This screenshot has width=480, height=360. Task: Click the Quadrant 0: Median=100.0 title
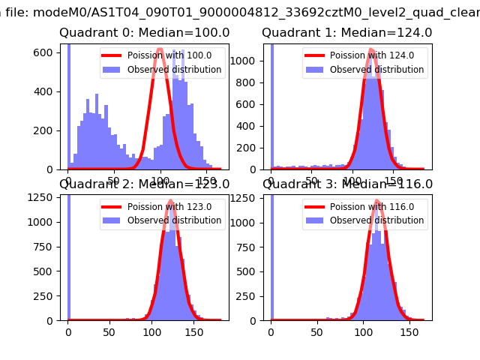pyautogui.click(x=144, y=33)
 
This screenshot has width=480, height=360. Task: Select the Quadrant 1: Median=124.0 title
pyautogui.click(x=346, y=33)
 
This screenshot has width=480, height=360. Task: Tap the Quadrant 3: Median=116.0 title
pyautogui.click(x=347, y=184)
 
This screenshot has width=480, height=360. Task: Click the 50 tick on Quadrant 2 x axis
pyautogui.click(x=110, y=331)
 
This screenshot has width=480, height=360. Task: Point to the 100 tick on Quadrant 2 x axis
pyautogui.click(x=152, y=331)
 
